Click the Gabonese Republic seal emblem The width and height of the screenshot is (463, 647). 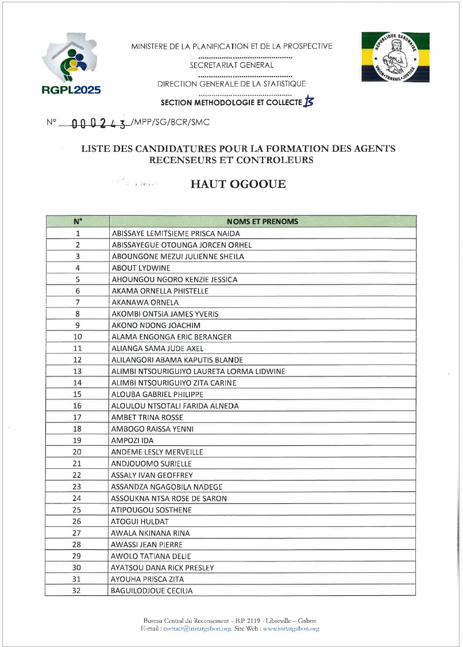pos(390,57)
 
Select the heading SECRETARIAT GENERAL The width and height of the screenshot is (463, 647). pos(232,66)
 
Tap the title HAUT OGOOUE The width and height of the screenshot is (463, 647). pos(238,184)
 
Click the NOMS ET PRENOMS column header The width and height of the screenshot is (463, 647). pos(262,221)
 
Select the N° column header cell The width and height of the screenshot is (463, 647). pos(78,221)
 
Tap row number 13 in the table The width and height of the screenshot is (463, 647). pos(78,371)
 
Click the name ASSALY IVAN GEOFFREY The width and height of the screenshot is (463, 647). pos(152,475)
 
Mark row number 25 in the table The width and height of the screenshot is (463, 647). pos(77,510)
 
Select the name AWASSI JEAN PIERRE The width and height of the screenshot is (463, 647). pos(146,544)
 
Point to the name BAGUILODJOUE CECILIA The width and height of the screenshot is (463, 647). pos(152,591)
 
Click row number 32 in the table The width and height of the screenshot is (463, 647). pos(77,591)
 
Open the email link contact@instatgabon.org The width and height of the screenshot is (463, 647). pos(197,629)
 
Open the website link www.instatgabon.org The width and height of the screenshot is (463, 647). pos(291,629)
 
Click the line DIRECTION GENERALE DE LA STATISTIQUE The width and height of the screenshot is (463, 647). pos(232,84)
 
